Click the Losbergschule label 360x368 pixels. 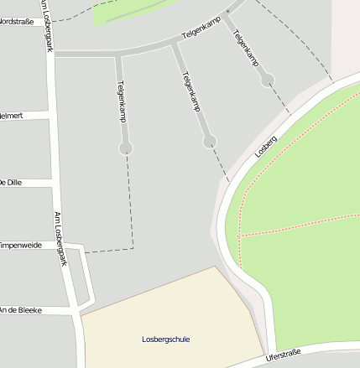pos(165,339)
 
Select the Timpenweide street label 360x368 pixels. pos(20,246)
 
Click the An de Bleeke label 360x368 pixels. pos(21,310)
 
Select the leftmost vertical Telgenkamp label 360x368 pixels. pos(122,101)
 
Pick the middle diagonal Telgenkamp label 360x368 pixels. pos(191,91)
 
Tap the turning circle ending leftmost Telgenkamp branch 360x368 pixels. pos(126,148)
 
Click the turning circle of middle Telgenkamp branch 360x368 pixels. pos(210,141)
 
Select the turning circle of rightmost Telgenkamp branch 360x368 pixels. pos(267,80)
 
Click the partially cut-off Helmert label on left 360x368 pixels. pos(12,115)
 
